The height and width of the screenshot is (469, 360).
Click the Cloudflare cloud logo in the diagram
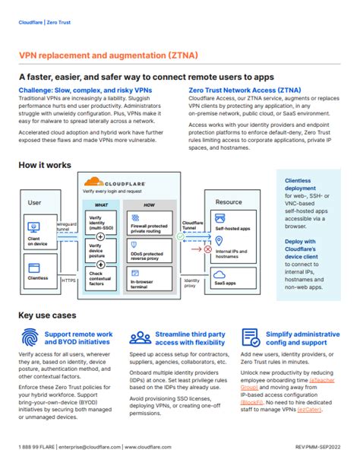[x=93, y=181]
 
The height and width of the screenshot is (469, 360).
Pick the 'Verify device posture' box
[x=100, y=250]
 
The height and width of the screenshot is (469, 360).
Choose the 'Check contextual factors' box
[x=100, y=277]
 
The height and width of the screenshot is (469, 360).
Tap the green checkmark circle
[x=180, y=236]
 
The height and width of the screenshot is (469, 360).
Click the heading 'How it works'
[x=45, y=164]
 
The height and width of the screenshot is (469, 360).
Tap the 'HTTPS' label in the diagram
[x=69, y=280]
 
